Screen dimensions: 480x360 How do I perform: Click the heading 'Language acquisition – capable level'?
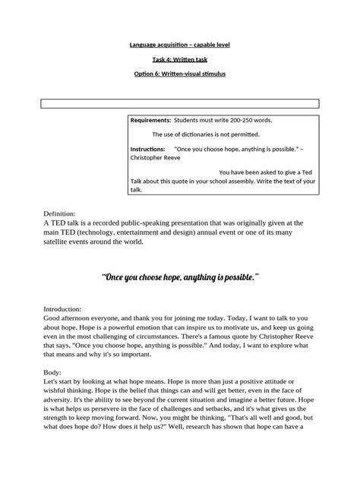[180, 46]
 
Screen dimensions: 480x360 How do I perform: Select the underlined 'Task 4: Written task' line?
[180, 60]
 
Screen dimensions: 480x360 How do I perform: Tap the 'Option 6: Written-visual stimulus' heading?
[180, 74]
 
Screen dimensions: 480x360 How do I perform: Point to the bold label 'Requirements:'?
[151, 121]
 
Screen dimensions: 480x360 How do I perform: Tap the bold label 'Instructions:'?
[150, 149]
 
